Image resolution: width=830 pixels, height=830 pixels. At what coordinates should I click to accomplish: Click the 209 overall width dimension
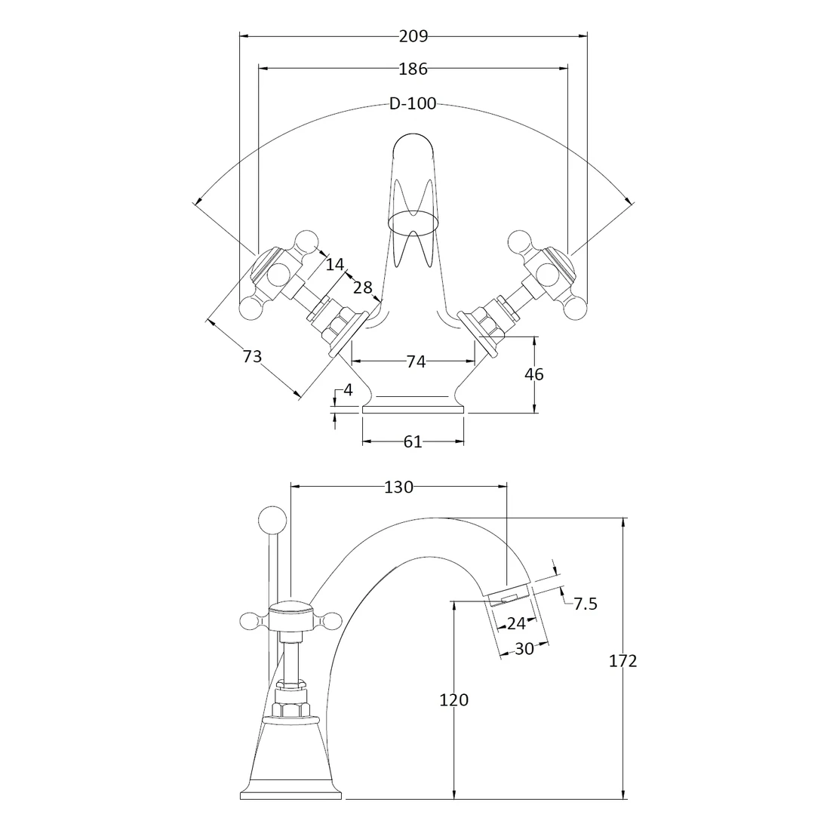click(x=413, y=35)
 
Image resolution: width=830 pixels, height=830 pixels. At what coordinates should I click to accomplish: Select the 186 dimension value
click(x=413, y=69)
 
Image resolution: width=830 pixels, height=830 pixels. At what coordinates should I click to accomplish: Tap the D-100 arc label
click(x=413, y=104)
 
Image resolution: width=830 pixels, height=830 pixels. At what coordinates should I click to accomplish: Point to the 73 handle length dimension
click(x=252, y=356)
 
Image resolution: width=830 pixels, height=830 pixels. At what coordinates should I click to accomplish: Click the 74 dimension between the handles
click(x=416, y=362)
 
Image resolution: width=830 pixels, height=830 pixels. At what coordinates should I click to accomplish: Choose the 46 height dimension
click(x=533, y=374)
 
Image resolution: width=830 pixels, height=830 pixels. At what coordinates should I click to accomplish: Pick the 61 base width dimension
click(x=413, y=442)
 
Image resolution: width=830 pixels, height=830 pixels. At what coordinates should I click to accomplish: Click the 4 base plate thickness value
click(x=348, y=390)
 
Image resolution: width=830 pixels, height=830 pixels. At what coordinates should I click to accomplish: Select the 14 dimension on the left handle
click(x=335, y=264)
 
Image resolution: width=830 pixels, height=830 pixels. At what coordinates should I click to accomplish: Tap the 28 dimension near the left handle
click(x=363, y=287)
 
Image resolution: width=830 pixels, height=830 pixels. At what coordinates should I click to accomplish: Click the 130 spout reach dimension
click(x=398, y=487)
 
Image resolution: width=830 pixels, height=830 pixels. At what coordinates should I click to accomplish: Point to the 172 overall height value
click(x=622, y=661)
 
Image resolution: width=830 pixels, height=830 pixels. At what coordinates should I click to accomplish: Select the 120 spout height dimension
click(x=453, y=699)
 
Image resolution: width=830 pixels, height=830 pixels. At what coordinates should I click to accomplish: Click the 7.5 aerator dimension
click(x=586, y=603)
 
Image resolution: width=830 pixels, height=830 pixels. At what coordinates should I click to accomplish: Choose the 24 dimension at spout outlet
click(x=516, y=623)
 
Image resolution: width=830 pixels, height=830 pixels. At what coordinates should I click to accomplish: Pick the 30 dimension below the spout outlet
click(x=524, y=649)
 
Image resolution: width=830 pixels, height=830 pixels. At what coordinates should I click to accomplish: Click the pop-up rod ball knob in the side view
click(x=272, y=520)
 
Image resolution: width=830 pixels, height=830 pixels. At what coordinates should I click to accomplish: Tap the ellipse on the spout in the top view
click(x=413, y=221)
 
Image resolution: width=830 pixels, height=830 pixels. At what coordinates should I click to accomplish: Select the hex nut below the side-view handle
click(x=290, y=709)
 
